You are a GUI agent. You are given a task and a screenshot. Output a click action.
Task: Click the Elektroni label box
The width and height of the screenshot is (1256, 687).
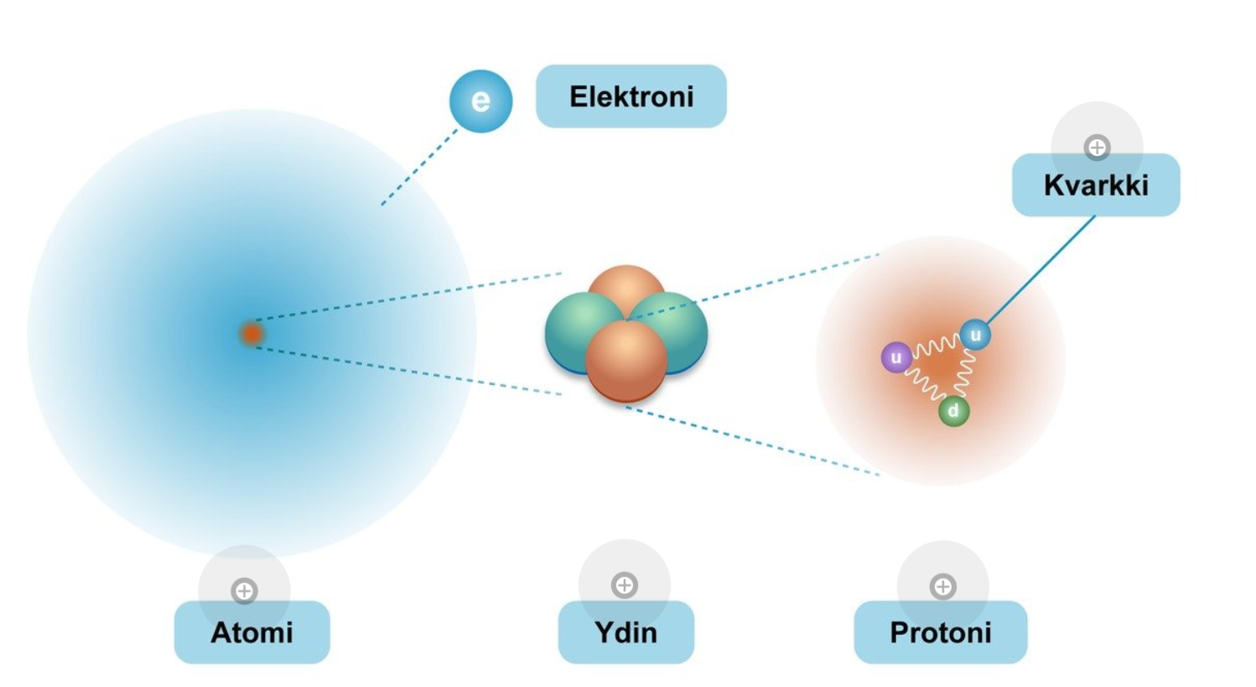click(x=631, y=96)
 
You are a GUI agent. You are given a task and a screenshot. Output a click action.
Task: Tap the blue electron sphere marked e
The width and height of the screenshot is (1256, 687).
click(x=480, y=101)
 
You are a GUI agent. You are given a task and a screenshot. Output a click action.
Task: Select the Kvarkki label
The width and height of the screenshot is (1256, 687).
click(x=1095, y=185)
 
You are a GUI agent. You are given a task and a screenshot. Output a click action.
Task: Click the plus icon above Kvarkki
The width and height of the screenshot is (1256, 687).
click(x=1097, y=148)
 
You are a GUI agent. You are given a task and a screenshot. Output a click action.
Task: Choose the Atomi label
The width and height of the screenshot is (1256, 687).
click(x=252, y=632)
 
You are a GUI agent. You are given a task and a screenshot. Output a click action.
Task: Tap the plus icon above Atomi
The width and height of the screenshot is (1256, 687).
click(x=244, y=591)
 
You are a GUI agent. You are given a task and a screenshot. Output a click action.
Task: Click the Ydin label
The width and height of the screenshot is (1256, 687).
click(x=625, y=632)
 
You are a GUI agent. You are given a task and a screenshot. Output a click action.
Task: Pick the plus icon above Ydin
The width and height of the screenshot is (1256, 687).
click(x=625, y=585)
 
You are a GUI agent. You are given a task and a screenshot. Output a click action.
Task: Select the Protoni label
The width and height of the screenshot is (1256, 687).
click(x=940, y=632)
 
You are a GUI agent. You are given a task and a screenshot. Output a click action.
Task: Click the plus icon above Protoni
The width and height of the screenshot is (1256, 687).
click(x=943, y=586)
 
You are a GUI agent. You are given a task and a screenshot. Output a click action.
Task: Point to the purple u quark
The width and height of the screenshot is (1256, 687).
click(x=896, y=358)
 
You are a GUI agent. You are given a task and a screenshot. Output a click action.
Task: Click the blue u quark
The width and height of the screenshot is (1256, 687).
click(x=975, y=335)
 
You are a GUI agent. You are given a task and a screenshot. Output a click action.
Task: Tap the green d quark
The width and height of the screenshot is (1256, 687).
click(x=953, y=411)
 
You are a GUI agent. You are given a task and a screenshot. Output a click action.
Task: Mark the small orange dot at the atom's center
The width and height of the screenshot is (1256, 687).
click(x=251, y=334)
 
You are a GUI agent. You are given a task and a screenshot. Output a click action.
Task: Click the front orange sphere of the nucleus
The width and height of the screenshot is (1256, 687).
click(x=625, y=361)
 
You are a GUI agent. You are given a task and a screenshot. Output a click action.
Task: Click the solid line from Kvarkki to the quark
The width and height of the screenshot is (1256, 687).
click(x=1042, y=270)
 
